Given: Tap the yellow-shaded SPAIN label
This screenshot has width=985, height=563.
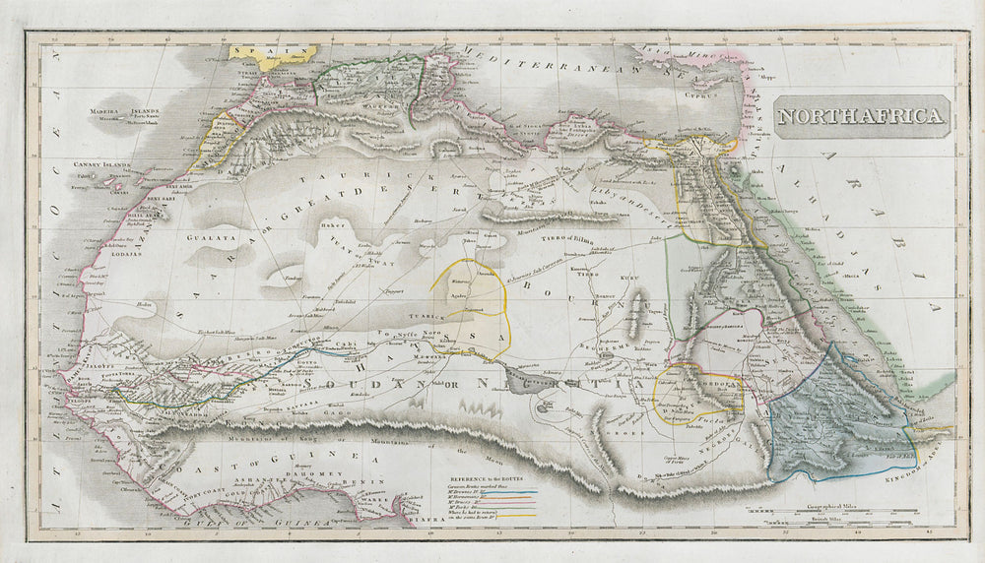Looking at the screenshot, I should click(x=258, y=53).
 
